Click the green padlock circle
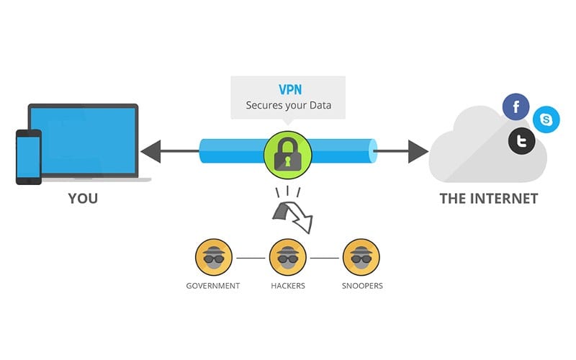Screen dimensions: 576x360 pos(287,155)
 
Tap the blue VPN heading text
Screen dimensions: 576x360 pos(290,89)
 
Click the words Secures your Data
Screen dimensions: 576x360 pos(289,105)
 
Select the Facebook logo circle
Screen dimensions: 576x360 pos(516,107)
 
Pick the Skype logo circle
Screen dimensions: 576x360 pos(546,120)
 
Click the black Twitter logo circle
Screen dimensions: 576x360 pos(521,140)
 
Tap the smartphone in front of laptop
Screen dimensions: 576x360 pos(29,157)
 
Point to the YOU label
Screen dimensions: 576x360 pos(83,199)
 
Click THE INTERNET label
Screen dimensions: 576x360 pos(489,199)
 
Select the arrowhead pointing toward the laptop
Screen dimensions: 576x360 pos(151,151)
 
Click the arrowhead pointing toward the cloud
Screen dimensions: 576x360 pos(418,151)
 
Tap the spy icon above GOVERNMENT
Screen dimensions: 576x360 pos(214,257)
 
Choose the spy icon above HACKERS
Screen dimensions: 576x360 pos(287,257)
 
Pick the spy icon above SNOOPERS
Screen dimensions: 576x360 pos(361,257)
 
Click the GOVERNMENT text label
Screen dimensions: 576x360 pos(213,286)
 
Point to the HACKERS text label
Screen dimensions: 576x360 pos(288,286)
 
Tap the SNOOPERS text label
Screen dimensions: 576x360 pos(362,286)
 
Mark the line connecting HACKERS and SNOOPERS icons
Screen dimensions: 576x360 pos(325,258)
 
